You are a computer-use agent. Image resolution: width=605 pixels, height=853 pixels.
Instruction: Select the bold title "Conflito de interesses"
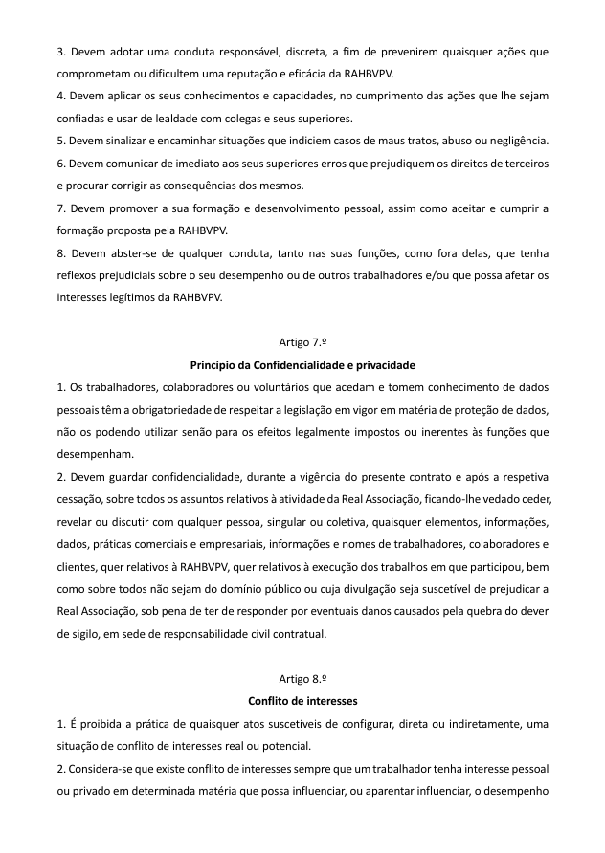coord(302,700)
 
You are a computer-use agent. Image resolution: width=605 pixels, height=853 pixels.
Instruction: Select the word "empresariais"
coord(240,545)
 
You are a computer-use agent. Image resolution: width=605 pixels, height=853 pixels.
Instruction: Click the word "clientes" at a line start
coord(77,568)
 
